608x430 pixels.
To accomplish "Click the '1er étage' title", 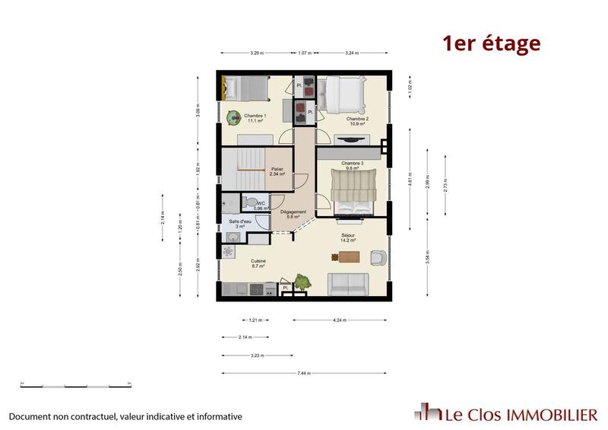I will click(492, 43).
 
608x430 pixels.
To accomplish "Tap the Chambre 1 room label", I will click(255, 118).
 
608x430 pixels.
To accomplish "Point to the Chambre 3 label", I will click(353, 165).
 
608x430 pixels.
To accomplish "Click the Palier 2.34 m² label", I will click(277, 171).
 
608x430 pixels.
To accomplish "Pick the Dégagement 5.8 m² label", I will click(293, 215).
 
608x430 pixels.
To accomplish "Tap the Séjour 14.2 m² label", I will click(349, 238).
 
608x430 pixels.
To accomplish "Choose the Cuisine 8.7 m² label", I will click(258, 264).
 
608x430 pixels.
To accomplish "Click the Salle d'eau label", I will click(240, 224).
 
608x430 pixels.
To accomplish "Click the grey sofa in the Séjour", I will click(348, 285).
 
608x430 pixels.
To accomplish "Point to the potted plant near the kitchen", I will click(302, 281).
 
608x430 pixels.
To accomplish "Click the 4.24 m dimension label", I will click(339, 320).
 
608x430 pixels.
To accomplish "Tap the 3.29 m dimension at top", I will click(256, 53).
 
